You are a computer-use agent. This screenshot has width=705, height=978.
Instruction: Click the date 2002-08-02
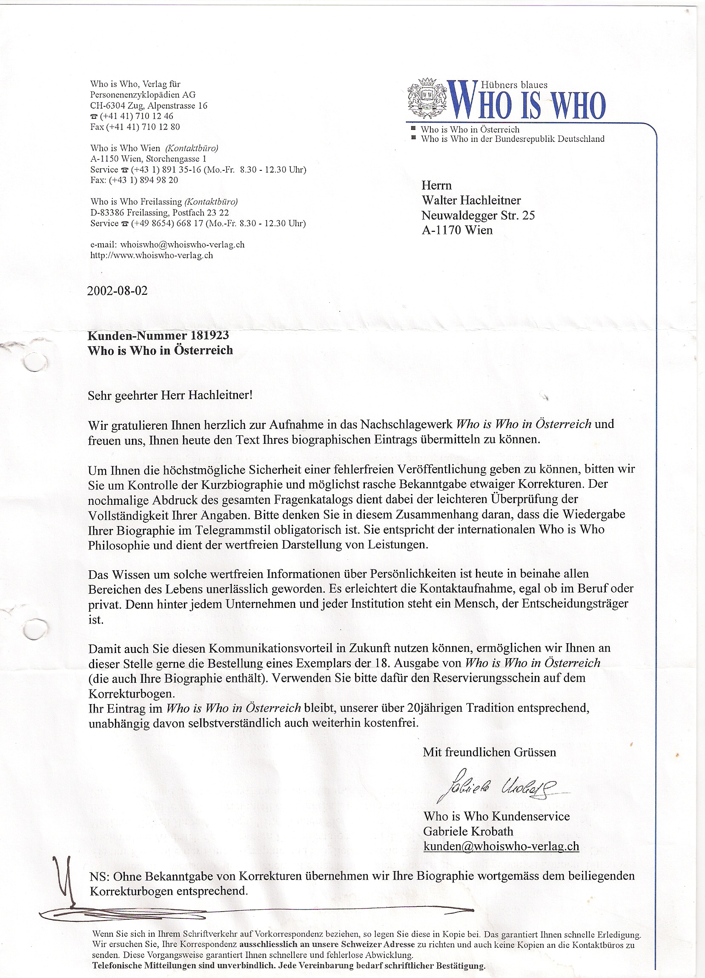tap(117, 291)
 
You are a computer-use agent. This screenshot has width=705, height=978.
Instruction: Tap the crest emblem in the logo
tap(427, 98)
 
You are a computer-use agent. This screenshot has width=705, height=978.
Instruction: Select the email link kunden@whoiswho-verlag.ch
tap(501, 846)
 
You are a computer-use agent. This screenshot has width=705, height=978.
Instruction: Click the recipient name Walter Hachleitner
tap(471, 200)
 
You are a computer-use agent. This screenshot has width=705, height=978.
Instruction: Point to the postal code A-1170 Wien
tap(457, 230)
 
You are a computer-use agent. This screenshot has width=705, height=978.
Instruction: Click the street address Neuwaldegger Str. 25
tap(478, 215)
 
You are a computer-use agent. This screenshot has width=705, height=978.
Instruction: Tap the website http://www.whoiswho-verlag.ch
tap(151, 255)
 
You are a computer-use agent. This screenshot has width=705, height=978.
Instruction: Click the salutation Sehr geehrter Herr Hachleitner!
tap(170, 395)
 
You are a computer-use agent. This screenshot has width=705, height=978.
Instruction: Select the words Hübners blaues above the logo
tap(514, 85)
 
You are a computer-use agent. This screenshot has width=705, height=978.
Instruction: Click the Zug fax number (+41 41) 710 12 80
tap(135, 127)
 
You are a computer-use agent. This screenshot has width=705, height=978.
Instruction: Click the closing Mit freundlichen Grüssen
tap(489, 753)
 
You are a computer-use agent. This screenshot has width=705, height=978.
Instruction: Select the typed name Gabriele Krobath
tap(468, 831)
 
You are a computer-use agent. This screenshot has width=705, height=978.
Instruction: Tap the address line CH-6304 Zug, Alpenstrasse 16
tap(149, 106)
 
